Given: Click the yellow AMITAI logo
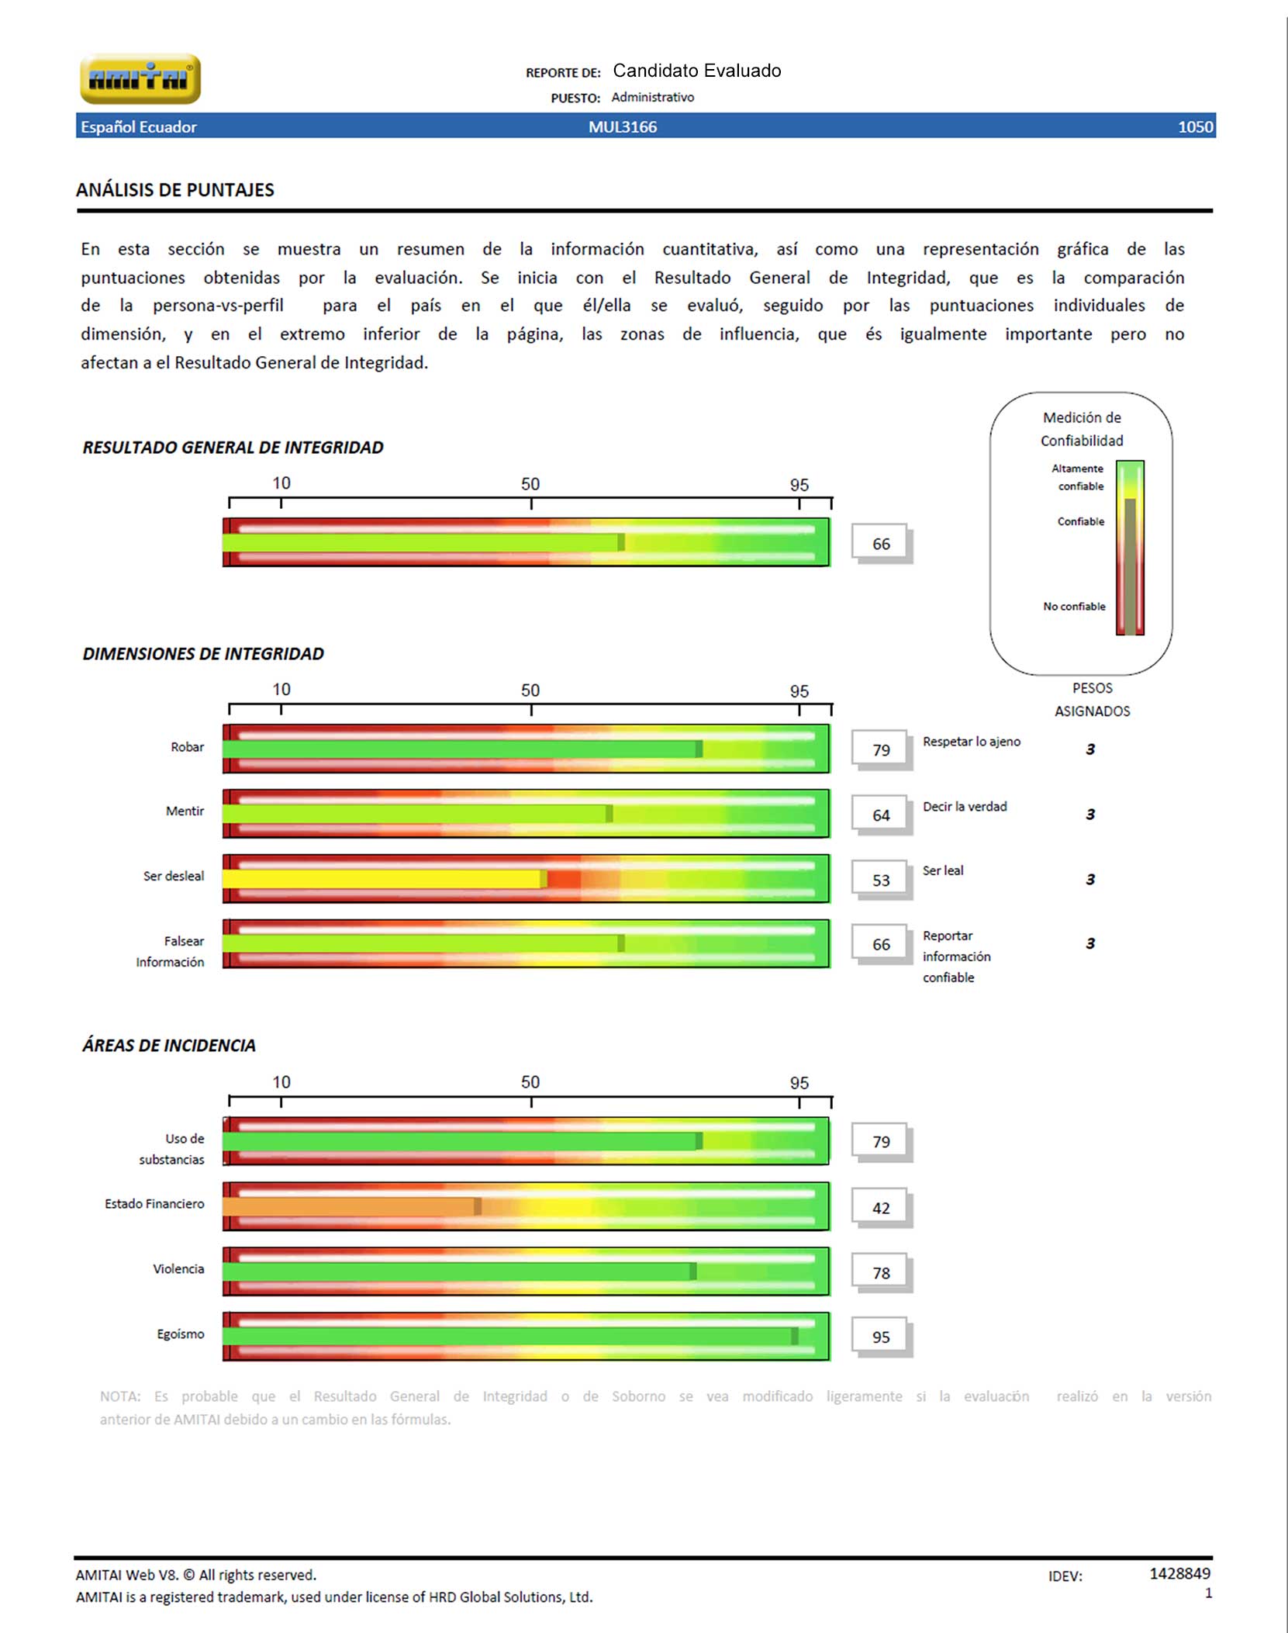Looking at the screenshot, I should click(140, 78).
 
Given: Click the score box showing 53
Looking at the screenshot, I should click(881, 880).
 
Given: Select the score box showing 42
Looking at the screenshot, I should click(881, 1208).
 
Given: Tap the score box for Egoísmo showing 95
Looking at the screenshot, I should click(881, 1337).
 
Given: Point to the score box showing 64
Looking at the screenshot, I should click(881, 815).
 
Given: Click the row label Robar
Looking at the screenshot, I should click(188, 747).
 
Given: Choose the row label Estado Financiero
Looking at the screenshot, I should click(155, 1204).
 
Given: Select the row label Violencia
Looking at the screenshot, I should click(178, 1269).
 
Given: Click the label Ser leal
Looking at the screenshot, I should click(943, 870).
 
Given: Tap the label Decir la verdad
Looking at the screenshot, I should click(965, 807).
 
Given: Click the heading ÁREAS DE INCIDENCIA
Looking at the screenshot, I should click(169, 1046).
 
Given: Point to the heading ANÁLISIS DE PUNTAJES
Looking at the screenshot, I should click(175, 190).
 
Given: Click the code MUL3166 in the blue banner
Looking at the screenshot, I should click(623, 127).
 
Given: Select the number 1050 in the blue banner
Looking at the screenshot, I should click(1195, 127).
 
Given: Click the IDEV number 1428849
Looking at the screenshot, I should click(1179, 1573).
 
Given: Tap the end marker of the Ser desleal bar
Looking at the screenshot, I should click(544, 879).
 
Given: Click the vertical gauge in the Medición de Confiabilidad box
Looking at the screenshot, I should click(1130, 548).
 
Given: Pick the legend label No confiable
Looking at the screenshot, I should click(1074, 607).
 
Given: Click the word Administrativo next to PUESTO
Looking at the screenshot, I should click(653, 97).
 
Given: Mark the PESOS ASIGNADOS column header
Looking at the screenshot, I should click(1092, 699).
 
